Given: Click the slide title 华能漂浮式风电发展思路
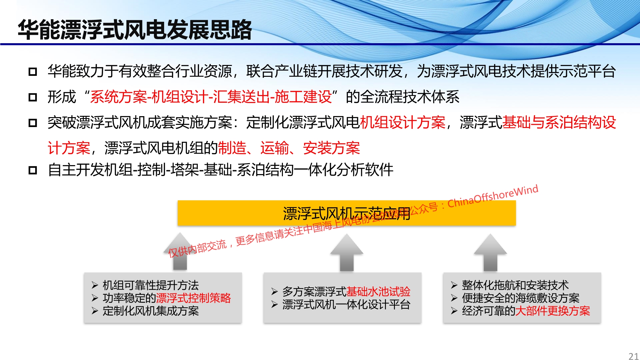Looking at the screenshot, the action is pyautogui.click(x=135, y=30).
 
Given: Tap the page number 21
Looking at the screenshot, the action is pyautogui.click(x=633, y=356).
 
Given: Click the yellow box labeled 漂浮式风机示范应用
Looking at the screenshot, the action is pyautogui.click(x=347, y=213).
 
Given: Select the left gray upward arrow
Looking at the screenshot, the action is pyautogui.click(x=180, y=252).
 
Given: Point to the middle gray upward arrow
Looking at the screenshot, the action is pyautogui.click(x=347, y=253).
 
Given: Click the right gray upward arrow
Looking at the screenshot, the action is pyautogui.click(x=490, y=253).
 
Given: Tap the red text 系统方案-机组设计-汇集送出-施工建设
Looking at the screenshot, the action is pyautogui.click(x=211, y=97).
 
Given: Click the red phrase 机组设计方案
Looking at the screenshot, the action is pyautogui.click(x=403, y=122).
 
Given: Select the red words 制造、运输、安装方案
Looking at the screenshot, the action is pyautogui.click(x=289, y=148).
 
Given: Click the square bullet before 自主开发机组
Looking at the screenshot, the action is pyautogui.click(x=33, y=170).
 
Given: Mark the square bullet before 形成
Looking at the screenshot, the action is pyautogui.click(x=33, y=97).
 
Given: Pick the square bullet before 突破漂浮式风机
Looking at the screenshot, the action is pyautogui.click(x=33, y=123).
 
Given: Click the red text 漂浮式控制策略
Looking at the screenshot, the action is pyautogui.click(x=193, y=298).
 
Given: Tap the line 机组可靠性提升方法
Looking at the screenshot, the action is pyautogui.click(x=151, y=285).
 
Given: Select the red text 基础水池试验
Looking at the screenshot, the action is pyautogui.click(x=378, y=292).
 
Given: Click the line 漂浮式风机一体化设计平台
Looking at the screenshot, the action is pyautogui.click(x=346, y=304).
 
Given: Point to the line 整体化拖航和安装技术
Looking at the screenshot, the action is pyautogui.click(x=515, y=285).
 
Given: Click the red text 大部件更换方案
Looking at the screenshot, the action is pyautogui.click(x=553, y=311).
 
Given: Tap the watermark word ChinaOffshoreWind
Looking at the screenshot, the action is pyautogui.click(x=493, y=196).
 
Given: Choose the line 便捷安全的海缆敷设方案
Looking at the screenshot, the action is pyautogui.click(x=521, y=298).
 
